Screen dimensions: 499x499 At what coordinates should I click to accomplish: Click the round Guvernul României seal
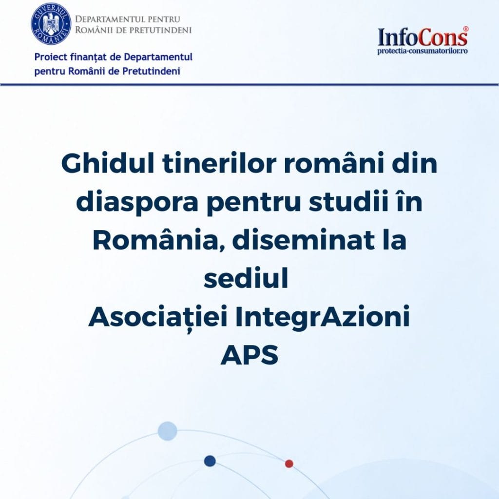(51, 24)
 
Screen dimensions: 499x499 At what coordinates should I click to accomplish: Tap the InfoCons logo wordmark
(423, 37)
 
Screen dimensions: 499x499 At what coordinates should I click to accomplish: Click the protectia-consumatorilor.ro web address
(422, 51)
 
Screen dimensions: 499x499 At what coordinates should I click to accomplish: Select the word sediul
(246, 278)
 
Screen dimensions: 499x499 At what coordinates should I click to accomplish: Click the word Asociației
(158, 317)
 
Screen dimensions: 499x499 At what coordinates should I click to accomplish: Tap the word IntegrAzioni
(323, 318)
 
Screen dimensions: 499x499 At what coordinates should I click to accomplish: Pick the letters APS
(249, 355)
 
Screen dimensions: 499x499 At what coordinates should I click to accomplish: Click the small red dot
(289, 463)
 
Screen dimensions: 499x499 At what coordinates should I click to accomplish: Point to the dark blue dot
(210, 461)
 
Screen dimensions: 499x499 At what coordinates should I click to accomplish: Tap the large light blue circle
(168, 431)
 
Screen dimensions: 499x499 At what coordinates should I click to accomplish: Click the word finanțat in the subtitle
(88, 58)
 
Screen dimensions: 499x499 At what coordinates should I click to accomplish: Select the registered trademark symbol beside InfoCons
(465, 29)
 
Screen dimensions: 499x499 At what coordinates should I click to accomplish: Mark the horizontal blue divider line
(249, 85)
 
